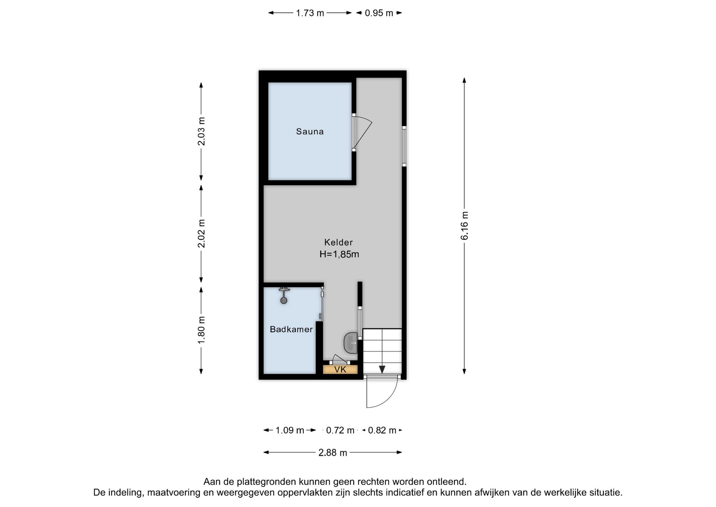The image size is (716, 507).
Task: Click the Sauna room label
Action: pos(310,131)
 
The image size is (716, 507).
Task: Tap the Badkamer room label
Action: pos(291,329)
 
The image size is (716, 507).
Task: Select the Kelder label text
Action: pos(338,242)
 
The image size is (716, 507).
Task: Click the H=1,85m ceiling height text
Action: pos(339,254)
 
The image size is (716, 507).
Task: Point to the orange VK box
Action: pos(340,370)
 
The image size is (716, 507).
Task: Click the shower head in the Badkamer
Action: pos(284,295)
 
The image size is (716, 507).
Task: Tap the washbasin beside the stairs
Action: pos(351,343)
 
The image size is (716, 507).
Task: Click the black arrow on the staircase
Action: pos(382,369)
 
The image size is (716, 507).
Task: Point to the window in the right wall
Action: pos(404,146)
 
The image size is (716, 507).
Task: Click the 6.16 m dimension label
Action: pos(464,225)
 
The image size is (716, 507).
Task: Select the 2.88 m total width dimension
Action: pos(333,453)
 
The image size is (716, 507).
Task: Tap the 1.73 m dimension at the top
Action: pos(310,13)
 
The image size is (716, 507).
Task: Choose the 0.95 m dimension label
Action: pos(379,13)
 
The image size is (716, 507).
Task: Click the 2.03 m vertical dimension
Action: pos(201,131)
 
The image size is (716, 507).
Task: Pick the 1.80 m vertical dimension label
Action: pos(201,330)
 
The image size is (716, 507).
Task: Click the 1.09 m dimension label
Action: pos(290,430)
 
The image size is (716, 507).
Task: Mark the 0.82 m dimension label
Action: pos(382,430)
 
